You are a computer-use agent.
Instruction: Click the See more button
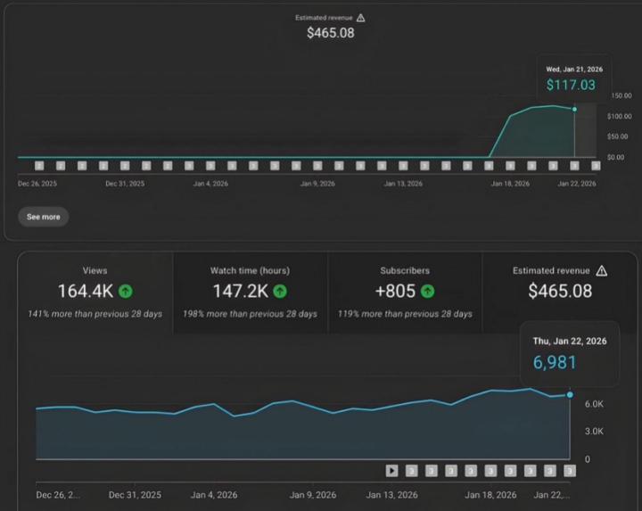(43, 217)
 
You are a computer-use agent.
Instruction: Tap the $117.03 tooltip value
(571, 85)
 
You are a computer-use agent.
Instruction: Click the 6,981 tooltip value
(555, 362)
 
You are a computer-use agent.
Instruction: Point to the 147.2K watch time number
(240, 291)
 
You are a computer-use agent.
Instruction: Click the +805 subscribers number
(395, 291)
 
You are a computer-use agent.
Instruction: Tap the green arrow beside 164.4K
(126, 291)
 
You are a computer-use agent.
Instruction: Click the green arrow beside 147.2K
(281, 291)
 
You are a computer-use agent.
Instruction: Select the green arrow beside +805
(428, 291)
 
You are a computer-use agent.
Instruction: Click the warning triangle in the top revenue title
(360, 17)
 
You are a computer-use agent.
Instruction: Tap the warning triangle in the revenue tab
(602, 270)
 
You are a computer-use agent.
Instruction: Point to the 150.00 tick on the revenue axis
(620, 95)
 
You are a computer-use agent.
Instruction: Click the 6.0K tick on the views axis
(594, 404)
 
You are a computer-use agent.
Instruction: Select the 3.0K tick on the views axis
(594, 432)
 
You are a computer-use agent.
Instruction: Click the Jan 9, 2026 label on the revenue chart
(317, 184)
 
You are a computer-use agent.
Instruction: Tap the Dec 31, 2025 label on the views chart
(135, 494)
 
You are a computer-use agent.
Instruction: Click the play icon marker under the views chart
(391, 471)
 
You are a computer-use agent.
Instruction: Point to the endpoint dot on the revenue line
(574, 109)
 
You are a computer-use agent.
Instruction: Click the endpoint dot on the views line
(570, 394)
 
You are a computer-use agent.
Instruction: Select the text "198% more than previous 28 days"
(250, 314)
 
